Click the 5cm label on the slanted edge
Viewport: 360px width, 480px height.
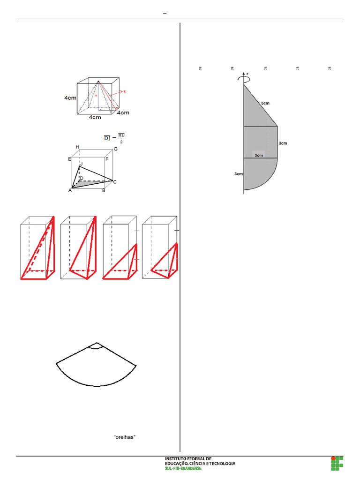(x=265, y=103)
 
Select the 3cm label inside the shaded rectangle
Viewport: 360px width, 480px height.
(x=259, y=155)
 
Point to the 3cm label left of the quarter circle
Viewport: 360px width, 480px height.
(x=238, y=174)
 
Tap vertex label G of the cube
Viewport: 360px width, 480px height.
(x=115, y=149)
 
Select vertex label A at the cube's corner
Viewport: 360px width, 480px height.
(x=70, y=190)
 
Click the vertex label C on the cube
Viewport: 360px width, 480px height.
(x=114, y=181)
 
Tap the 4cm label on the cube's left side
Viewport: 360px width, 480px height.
(x=71, y=98)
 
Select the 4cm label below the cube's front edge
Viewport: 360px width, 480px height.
(x=96, y=118)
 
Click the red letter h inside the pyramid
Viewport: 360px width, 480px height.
(x=96, y=95)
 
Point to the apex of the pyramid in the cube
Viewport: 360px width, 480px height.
(x=98, y=82)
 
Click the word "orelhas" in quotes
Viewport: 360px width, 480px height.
(x=125, y=436)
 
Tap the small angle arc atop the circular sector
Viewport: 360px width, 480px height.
(x=96, y=346)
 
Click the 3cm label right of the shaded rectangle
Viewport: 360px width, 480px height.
(x=282, y=143)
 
